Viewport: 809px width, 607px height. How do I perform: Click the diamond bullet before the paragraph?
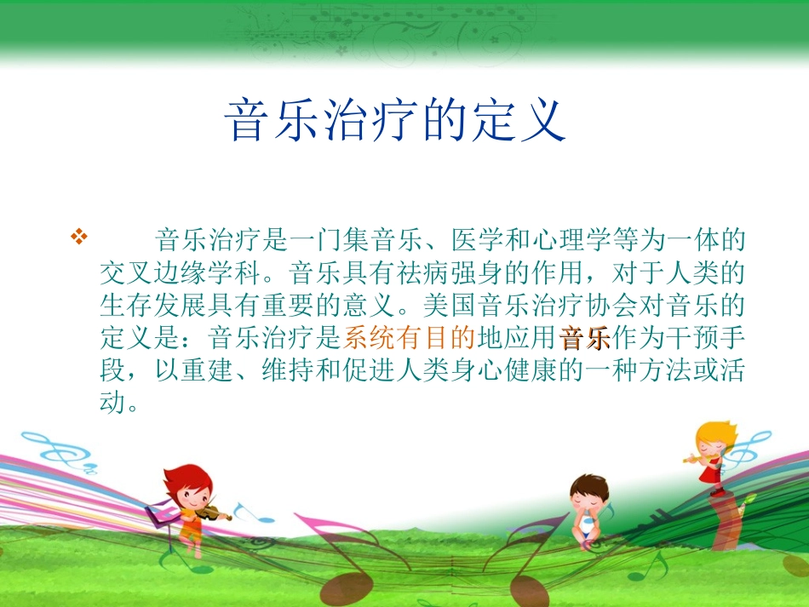(x=78, y=237)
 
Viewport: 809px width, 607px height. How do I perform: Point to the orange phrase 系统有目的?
(x=409, y=339)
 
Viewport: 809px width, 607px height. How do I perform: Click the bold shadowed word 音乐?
(x=585, y=339)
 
